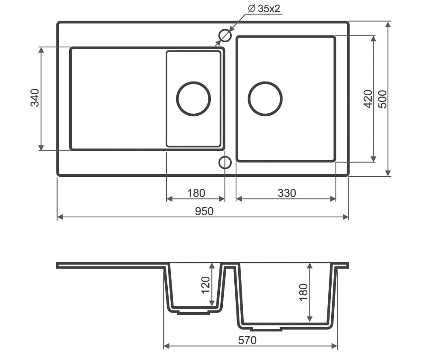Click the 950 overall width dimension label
coord(204,211)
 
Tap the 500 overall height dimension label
coord(383,99)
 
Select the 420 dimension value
coord(368,99)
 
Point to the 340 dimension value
coord(35,98)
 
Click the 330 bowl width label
coord(286,193)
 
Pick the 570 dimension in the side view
coord(247,340)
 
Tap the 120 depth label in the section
coord(206,285)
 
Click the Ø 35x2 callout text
coord(264,9)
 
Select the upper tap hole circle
coord(225,35)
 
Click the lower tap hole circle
coord(225,163)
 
